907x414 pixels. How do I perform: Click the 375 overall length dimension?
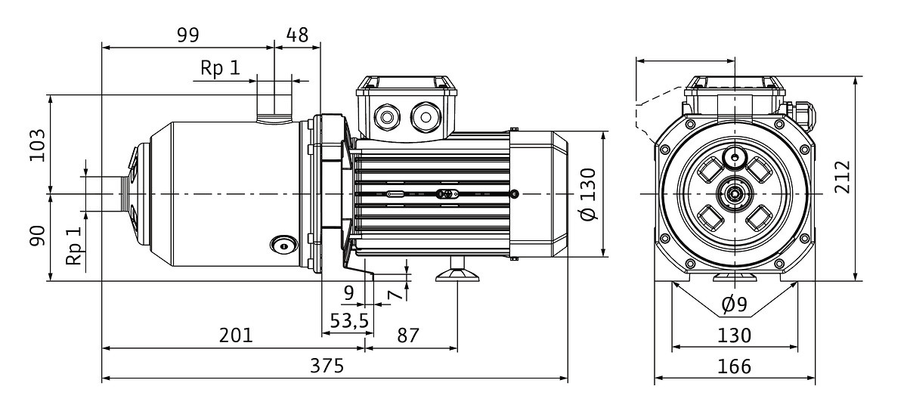pyautogui.click(x=327, y=366)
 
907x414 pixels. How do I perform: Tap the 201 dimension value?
pyautogui.click(x=236, y=335)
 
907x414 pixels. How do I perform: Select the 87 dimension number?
pyautogui.click(x=407, y=335)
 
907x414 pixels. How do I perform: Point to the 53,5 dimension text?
pyautogui.click(x=349, y=320)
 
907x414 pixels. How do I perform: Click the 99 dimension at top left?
pyautogui.click(x=188, y=36)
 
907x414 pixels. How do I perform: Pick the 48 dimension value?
pyautogui.click(x=297, y=36)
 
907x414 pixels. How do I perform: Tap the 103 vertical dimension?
pyautogui.click(x=37, y=145)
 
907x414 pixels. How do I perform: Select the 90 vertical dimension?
pyautogui.click(x=37, y=236)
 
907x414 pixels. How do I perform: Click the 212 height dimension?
pyautogui.click(x=842, y=178)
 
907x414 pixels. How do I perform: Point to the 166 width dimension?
pyautogui.click(x=734, y=366)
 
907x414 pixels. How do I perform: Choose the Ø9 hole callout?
pyautogui.click(x=734, y=304)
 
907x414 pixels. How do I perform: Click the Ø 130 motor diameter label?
pyautogui.click(x=588, y=194)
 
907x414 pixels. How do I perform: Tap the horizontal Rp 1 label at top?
pyautogui.click(x=220, y=67)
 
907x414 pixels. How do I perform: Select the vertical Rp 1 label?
pyautogui.click(x=75, y=246)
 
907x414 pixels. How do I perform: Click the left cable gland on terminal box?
pyautogui.click(x=387, y=117)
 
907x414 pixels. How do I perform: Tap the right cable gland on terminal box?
pyautogui.click(x=425, y=117)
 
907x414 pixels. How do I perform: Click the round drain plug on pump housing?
pyautogui.click(x=284, y=246)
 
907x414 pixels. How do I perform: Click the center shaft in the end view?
pyautogui.click(x=734, y=194)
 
